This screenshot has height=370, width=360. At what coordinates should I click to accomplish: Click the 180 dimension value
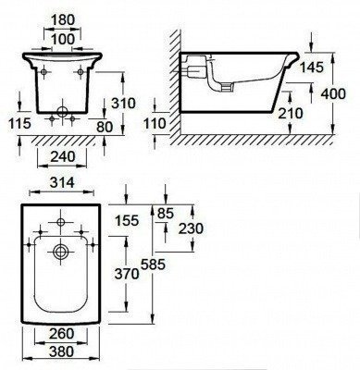pyautogui.click(x=62, y=20)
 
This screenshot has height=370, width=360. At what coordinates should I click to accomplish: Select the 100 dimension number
pyautogui.click(x=63, y=39)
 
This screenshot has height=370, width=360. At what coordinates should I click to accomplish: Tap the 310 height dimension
pyautogui.click(x=123, y=104)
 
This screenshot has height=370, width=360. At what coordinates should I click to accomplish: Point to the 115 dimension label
pyautogui.click(x=19, y=123)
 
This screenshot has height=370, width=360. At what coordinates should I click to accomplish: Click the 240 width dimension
pyautogui.click(x=63, y=156)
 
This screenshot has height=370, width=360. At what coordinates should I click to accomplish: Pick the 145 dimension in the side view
pyautogui.click(x=312, y=68)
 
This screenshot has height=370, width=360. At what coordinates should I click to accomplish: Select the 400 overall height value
pyautogui.click(x=333, y=93)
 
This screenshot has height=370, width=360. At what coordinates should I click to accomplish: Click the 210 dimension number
pyautogui.click(x=291, y=114)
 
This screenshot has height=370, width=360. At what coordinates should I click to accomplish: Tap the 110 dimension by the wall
pyautogui.click(x=155, y=124)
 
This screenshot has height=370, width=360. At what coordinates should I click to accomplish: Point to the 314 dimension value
pyautogui.click(x=62, y=183)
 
